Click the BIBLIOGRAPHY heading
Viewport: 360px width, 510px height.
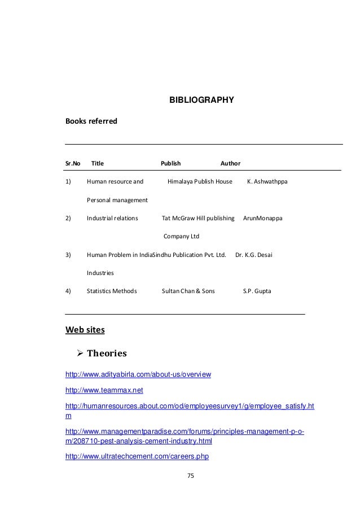[x=201, y=101]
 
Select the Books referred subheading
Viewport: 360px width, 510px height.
[x=91, y=121]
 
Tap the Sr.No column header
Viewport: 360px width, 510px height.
[x=73, y=163]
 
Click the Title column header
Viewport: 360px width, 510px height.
[x=98, y=163]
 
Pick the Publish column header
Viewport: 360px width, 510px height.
[x=170, y=163]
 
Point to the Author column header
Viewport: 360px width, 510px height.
[x=230, y=163]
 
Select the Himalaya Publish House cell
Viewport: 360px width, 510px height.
[x=200, y=182]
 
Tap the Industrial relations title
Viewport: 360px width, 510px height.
[x=112, y=217]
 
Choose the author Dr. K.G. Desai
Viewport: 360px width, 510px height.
[x=253, y=254]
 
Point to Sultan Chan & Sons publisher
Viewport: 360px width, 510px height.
[x=188, y=291]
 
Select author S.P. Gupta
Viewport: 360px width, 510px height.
[x=257, y=291]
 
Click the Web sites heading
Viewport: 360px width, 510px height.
[x=85, y=329]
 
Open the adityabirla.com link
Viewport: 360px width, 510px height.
[x=138, y=374]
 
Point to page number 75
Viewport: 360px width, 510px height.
[x=190, y=476]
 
